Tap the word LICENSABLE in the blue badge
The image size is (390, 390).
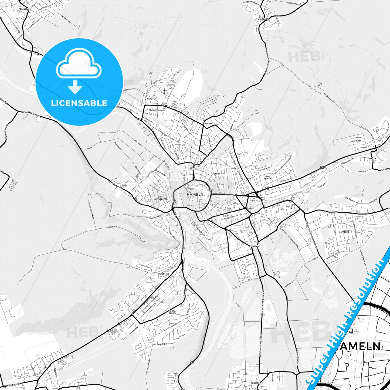[x=79, y=103]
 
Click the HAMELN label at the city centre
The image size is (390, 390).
[x=195, y=194]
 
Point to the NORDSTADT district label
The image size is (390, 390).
[x=208, y=123]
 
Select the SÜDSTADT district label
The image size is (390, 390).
[x=255, y=246]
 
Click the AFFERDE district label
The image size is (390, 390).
[x=345, y=232]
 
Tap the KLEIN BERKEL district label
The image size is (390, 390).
[x=172, y=312]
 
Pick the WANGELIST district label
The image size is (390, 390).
[x=164, y=274]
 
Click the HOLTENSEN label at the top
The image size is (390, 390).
[x=264, y=19]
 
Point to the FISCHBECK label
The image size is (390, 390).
[x=24, y=9]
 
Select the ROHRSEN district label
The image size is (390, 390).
[x=372, y=158]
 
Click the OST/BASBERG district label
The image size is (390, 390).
[x=268, y=177]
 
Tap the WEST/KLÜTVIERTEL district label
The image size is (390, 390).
[x=160, y=198]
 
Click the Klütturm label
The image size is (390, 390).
[x=113, y=227]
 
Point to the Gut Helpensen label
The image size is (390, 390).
[x=32, y=114]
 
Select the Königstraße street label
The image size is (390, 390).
[x=229, y=217]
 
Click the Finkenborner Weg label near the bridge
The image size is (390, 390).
[x=153, y=216]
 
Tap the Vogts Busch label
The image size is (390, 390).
[x=355, y=141]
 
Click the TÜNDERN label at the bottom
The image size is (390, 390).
[x=255, y=383]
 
